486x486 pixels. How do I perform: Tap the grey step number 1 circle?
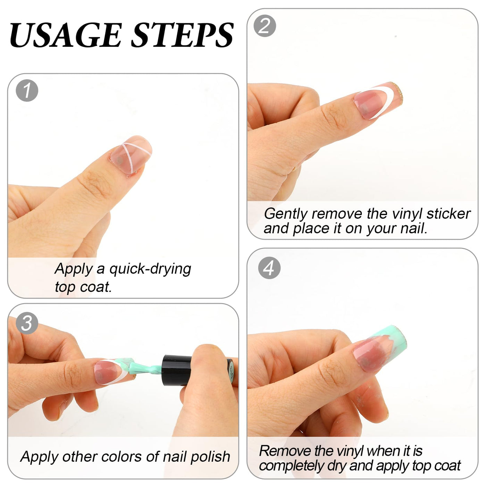(x=27, y=91)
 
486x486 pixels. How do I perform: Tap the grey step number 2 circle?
(x=265, y=26)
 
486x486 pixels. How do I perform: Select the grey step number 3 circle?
(x=27, y=323)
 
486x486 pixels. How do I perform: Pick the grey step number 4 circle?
(x=269, y=268)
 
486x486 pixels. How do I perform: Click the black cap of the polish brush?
(x=177, y=370)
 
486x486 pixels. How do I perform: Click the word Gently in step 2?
(x=285, y=214)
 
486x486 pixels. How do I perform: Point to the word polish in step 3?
(x=210, y=457)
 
